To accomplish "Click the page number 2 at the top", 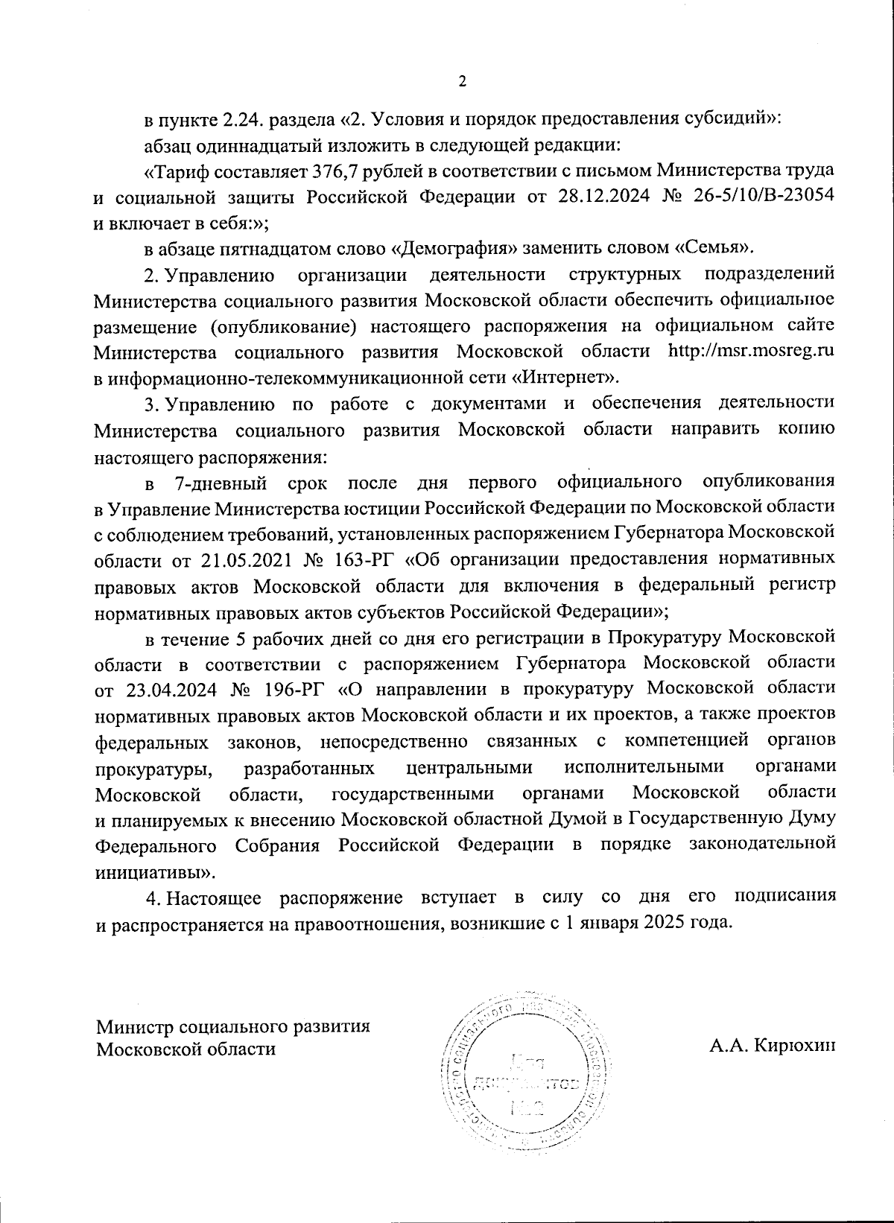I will click(x=462, y=81).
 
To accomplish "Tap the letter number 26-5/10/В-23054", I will click(x=765, y=197).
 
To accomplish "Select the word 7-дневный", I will click(x=220, y=484).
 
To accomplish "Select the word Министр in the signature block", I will click(x=132, y=1026).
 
